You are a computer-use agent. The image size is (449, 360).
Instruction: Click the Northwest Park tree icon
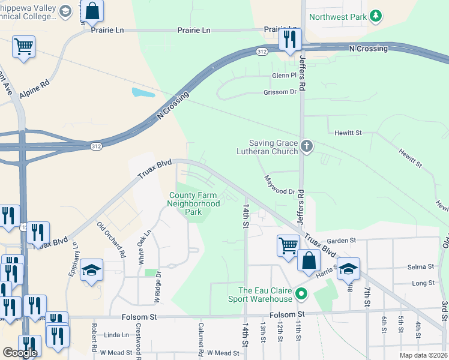click(x=376, y=16)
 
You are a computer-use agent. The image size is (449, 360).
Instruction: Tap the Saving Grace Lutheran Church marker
click(x=307, y=146)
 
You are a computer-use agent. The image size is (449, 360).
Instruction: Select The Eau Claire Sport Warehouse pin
click(x=302, y=295)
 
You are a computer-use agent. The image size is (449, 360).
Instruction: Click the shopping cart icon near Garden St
click(x=288, y=245)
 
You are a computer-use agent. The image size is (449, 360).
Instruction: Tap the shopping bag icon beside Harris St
click(x=309, y=260)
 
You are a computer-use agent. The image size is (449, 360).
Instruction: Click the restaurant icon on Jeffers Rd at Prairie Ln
click(x=289, y=40)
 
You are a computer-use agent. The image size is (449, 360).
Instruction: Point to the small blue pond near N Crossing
click(x=142, y=93)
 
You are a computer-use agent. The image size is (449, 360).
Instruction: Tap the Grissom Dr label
click(x=280, y=92)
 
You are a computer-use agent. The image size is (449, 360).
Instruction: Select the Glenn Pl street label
click(x=284, y=76)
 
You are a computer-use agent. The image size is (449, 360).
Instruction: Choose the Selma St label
click(x=422, y=266)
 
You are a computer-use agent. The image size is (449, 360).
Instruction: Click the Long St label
click(x=423, y=283)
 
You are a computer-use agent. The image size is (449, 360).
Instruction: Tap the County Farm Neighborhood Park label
click(x=194, y=203)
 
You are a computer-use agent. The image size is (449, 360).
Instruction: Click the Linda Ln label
click(x=116, y=335)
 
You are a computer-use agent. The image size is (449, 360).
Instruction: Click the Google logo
click(x=20, y=352)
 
